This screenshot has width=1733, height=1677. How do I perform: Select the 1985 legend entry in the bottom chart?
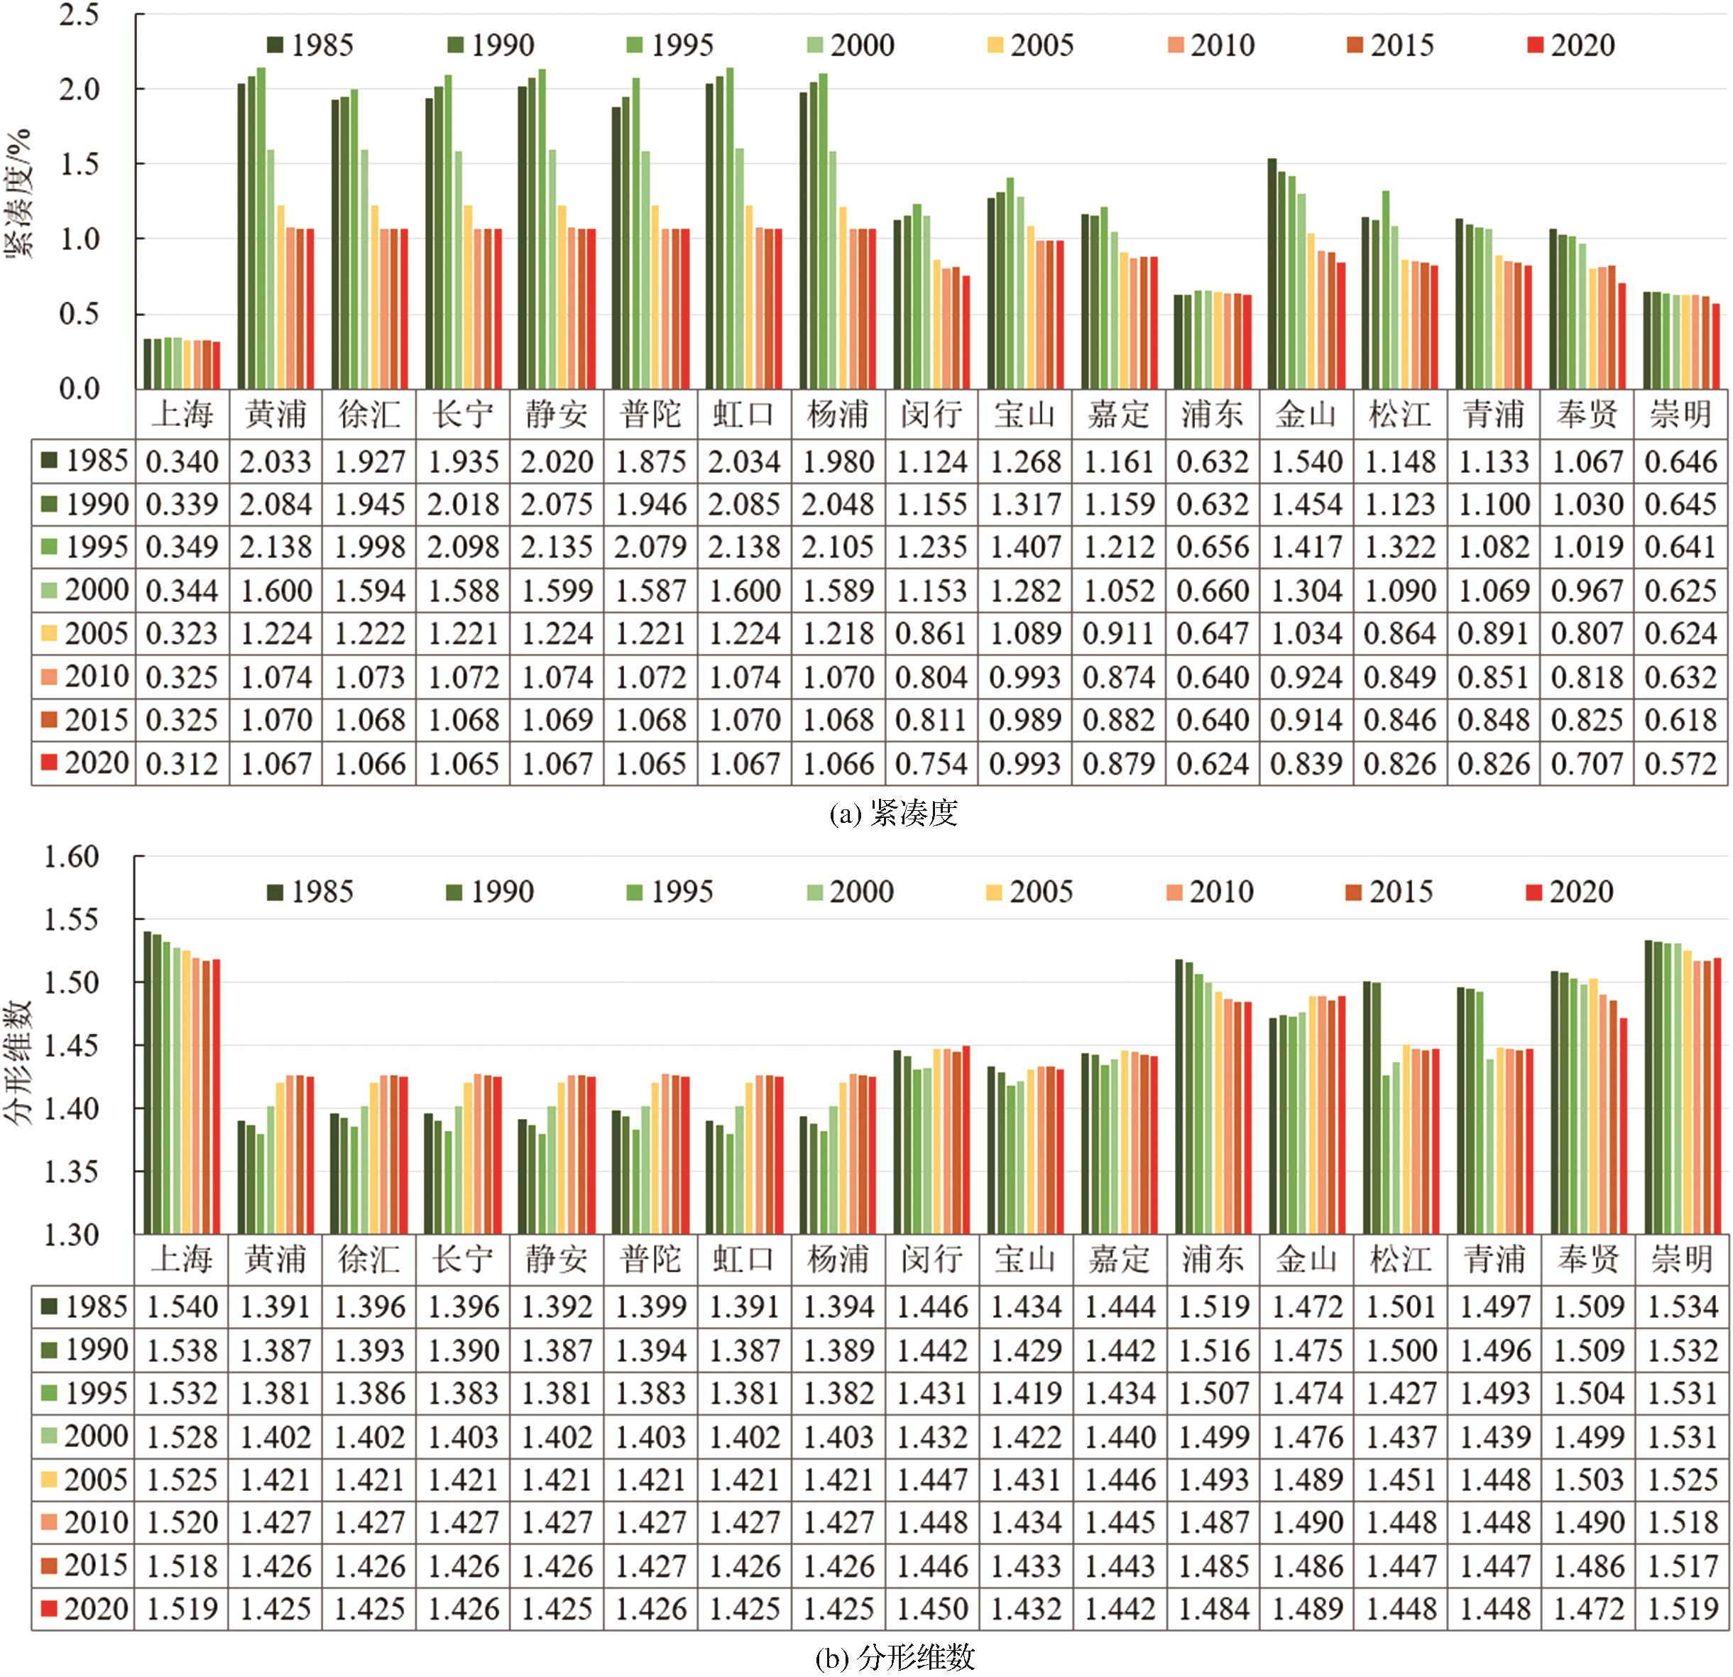[x=310, y=891]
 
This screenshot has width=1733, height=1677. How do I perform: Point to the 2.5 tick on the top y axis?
[x=80, y=15]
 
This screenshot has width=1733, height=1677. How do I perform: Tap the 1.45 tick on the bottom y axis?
[x=72, y=1046]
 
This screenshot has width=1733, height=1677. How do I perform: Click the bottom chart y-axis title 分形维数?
[x=19, y=1061]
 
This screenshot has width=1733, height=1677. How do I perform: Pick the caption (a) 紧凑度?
[x=893, y=812]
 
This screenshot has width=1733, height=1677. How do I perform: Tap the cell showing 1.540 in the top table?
[x=1306, y=461]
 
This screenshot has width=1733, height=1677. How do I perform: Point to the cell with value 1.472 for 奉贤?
[x=1588, y=1609]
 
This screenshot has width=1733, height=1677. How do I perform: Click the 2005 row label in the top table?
[x=84, y=634]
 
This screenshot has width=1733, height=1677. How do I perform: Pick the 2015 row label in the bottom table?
[x=84, y=1566]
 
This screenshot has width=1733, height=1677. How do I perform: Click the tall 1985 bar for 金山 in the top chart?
[x=1272, y=273]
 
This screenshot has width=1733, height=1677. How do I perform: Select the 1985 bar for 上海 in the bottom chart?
[x=148, y=1082]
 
